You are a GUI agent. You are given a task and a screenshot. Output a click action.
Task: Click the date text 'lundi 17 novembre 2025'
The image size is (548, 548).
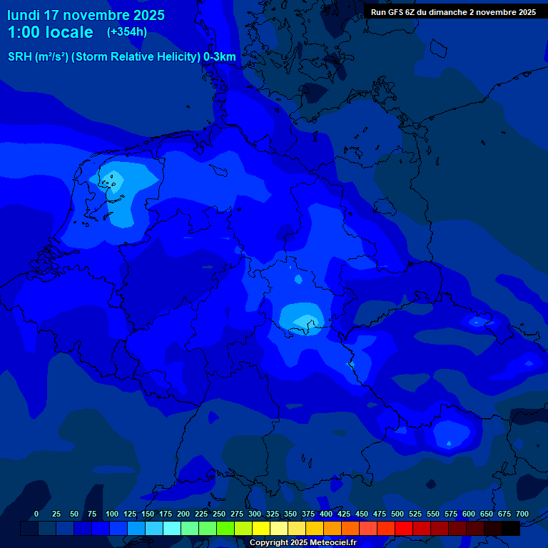(86, 15)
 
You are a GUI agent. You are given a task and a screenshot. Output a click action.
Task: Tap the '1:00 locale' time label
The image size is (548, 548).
(50, 32)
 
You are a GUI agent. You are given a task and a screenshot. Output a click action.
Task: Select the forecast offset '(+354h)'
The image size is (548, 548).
(127, 32)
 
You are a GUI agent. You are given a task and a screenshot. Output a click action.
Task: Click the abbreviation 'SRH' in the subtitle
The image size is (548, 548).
(20, 57)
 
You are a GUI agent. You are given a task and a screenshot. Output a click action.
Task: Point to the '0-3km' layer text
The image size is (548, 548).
(219, 57)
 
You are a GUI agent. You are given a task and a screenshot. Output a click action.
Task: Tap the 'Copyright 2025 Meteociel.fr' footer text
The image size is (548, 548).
(303, 543)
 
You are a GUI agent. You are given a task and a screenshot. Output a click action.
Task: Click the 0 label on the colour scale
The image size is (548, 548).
(36, 514)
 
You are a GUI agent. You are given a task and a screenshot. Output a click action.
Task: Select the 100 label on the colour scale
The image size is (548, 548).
(112, 514)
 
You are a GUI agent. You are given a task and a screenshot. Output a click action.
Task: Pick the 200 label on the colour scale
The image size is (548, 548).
(183, 514)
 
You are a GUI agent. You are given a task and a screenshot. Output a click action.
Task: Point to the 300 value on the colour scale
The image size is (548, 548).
(255, 514)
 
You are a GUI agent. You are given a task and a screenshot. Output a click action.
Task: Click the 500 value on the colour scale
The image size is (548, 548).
(397, 514)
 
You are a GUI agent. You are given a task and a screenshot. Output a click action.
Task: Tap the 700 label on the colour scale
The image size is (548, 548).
(522, 514)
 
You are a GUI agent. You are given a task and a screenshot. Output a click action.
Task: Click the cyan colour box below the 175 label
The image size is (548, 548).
(171, 528)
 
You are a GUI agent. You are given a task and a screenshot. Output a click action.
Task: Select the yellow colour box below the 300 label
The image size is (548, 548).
(260, 528)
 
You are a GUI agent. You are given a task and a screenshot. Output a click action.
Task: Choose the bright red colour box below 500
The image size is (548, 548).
(403, 528)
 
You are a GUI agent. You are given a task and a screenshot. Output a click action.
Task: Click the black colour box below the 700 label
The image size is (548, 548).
(510, 528)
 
